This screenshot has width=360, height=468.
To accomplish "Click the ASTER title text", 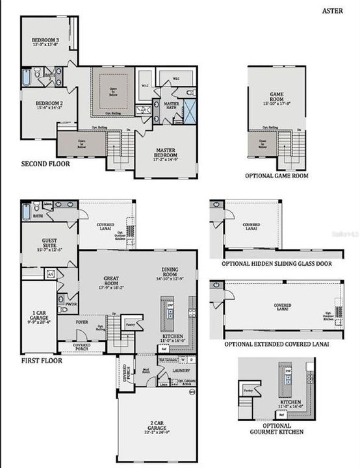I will pos(333,10).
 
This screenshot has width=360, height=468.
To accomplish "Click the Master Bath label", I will pos(172,105).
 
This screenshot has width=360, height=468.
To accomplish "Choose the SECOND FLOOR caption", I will pos(45,164).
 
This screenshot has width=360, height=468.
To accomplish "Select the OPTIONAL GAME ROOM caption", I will pos(276,175).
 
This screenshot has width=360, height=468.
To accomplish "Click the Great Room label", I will pos(110,281).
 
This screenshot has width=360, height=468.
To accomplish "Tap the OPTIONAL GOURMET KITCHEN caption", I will pos(276,428).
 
